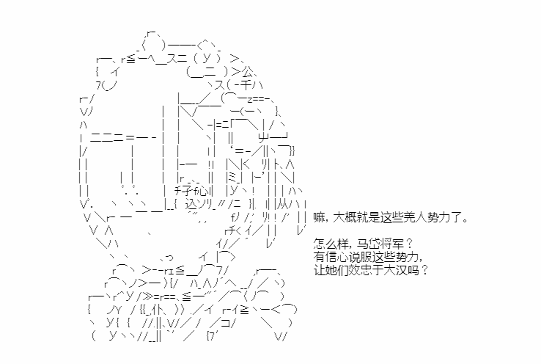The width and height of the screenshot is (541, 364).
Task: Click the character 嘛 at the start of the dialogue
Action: tap(319, 218)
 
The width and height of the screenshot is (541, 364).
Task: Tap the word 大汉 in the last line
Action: tap(395, 270)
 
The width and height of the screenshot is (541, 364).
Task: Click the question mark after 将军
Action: tap(409, 244)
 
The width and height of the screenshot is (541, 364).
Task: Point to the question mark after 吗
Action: tap(424, 270)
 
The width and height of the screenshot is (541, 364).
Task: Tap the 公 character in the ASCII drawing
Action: tap(247, 72)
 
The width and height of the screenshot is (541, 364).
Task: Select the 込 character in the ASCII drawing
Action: tap(191, 204)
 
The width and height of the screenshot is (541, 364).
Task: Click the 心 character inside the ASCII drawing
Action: tap(203, 191)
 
